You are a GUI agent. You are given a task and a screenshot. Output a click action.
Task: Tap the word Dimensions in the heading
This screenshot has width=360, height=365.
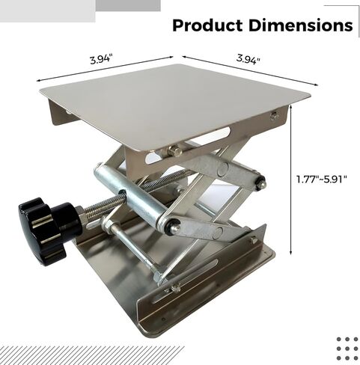pos(299,25)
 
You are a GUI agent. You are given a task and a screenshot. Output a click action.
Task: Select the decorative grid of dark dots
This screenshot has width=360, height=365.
pos(347,349)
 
